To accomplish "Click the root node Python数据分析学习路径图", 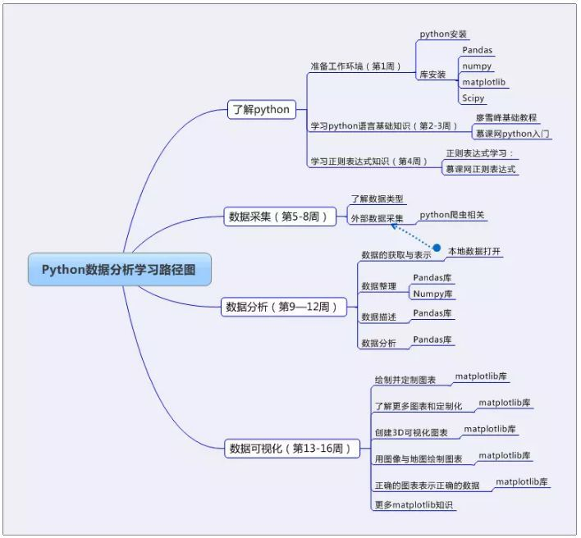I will [119, 269].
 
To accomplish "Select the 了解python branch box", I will [260, 109].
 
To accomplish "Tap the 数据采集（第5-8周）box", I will [280, 217].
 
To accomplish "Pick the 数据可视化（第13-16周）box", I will [291, 448].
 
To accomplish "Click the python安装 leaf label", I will [443, 34].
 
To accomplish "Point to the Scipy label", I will [473, 98].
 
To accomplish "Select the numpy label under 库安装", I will [476, 66].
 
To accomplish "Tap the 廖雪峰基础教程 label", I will [506, 118].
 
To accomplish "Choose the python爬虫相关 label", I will [452, 215].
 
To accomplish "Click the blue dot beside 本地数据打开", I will [437, 248].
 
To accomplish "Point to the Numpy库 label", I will [433, 294].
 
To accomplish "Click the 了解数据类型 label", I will [377, 198].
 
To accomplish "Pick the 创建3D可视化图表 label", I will [411, 432].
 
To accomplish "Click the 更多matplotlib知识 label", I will [414, 504].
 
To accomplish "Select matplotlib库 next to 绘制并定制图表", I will [481, 376].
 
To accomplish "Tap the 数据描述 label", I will [378, 316].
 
